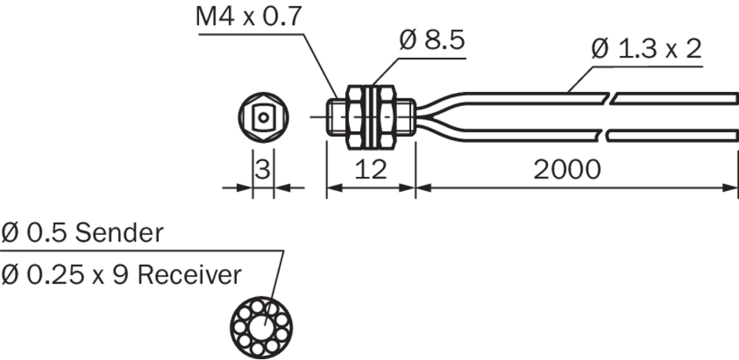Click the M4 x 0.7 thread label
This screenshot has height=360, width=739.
248,17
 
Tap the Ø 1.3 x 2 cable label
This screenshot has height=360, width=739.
646,50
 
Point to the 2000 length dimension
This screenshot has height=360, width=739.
568,169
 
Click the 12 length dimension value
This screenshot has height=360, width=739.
369,169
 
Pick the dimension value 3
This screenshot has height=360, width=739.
263,169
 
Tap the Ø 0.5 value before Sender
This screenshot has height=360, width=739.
35,233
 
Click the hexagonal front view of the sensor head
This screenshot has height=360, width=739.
263,118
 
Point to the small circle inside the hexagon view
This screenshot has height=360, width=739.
263,118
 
